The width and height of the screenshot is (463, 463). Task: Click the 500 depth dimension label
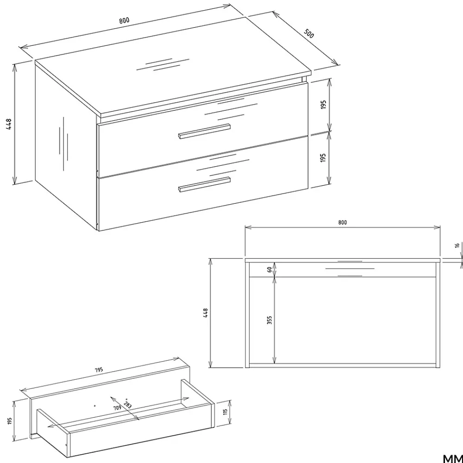click(309, 34)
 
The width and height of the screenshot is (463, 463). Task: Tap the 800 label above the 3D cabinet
click(124, 20)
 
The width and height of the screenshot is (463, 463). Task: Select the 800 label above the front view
click(342, 222)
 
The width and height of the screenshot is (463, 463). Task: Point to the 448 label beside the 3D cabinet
click(8, 124)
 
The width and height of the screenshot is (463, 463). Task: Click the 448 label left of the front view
click(206, 313)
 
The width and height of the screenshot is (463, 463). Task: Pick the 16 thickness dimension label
click(457, 245)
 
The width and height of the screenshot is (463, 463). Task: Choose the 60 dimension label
click(269, 269)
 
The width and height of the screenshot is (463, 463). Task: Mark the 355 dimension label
click(269, 320)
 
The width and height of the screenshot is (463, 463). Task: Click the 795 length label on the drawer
click(99, 369)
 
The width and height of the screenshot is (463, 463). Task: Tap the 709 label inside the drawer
click(118, 408)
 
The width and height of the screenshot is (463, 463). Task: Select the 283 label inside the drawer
click(128, 405)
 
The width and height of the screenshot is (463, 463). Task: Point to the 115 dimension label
click(225, 412)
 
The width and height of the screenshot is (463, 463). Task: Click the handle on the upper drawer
click(204, 131)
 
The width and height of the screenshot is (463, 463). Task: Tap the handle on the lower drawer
click(204, 184)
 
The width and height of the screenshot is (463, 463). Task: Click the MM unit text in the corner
click(453, 458)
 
